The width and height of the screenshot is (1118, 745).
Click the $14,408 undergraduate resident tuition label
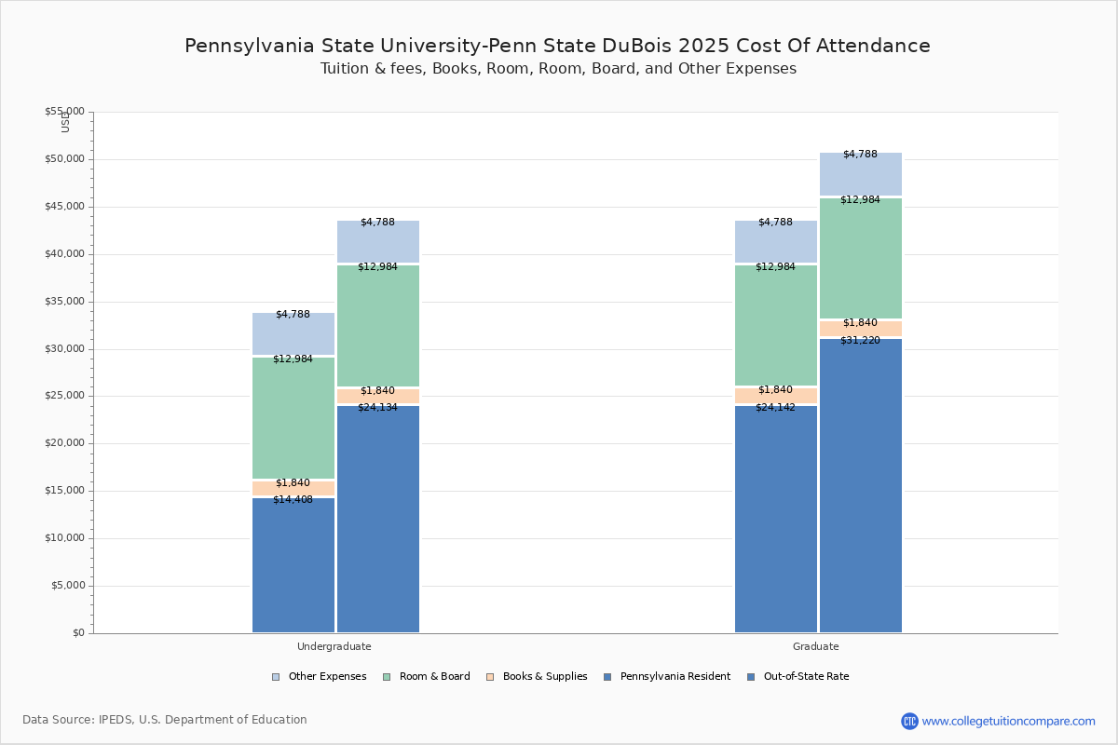[293, 500]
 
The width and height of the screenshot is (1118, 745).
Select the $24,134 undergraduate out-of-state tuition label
[377, 408]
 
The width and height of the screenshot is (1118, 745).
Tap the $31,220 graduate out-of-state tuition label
[860, 341]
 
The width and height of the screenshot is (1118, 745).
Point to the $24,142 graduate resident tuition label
[775, 408]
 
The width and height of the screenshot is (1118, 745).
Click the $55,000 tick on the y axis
[64, 112]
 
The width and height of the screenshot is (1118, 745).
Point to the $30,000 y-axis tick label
[64, 349]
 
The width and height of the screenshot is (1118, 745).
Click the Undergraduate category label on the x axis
[334, 646]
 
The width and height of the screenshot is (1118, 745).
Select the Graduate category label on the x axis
[815, 646]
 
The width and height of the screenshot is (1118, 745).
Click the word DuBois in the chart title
[699, 46]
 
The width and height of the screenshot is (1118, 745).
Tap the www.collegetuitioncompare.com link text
[1008, 721]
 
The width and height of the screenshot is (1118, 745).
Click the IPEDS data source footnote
[165, 720]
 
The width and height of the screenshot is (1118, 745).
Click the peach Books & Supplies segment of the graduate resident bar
[775, 397]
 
